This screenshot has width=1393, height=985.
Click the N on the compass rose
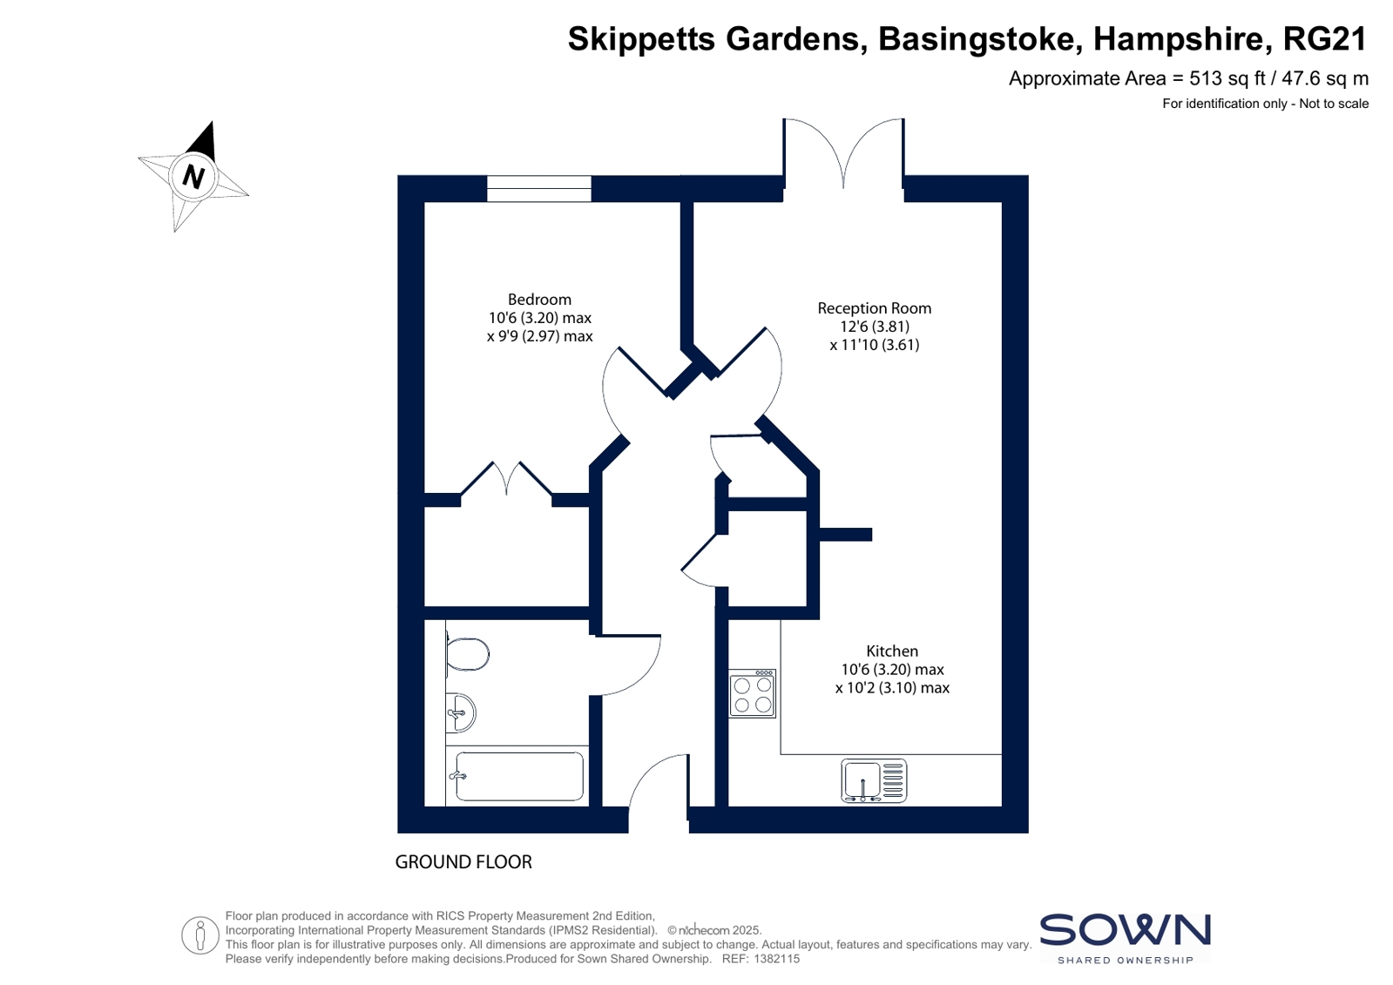coord(193,177)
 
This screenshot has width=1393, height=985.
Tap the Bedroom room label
coord(539,299)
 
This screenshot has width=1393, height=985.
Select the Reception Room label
coord(875,307)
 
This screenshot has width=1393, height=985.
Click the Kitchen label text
coord(892,651)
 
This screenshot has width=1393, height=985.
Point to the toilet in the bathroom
coord(467,654)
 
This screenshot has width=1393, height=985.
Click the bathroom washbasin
coord(460,712)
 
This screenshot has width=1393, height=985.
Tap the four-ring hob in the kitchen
coord(753,694)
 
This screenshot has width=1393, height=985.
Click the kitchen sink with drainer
coord(874,780)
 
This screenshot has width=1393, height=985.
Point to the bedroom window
coord(538,188)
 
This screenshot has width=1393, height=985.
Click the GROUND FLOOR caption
coord(464,862)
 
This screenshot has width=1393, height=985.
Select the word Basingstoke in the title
coord(977,39)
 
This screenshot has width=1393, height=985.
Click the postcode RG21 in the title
coord(1324,38)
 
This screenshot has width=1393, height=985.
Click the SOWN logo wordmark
coord(1125,930)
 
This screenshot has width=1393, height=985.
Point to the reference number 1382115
coord(776,959)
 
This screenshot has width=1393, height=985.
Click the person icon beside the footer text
coord(200,935)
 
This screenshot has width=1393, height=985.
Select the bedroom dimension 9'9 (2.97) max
coord(539,336)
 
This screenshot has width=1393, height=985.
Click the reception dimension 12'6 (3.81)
coord(875,327)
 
